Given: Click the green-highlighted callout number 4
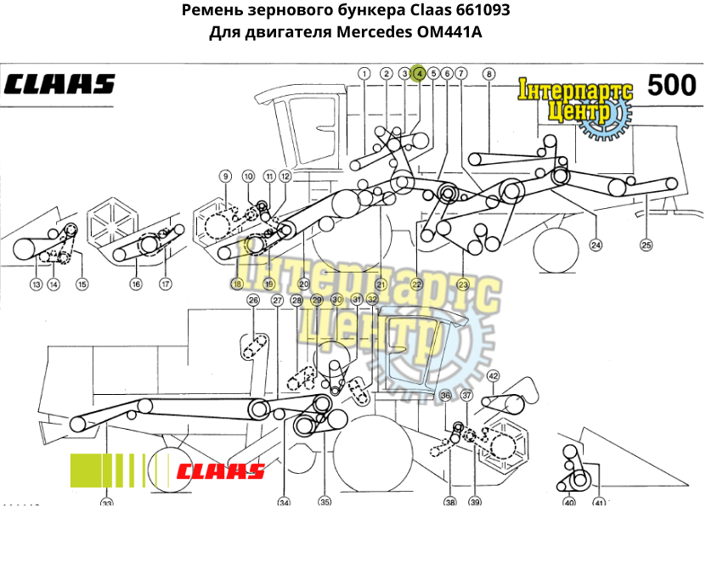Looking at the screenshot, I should (419, 74).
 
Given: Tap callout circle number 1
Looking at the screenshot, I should (364, 74).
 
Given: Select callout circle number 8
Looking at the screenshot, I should (489, 74).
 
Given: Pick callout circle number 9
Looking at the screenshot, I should (225, 176).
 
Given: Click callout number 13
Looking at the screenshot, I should (36, 284).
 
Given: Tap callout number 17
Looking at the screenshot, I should (166, 284).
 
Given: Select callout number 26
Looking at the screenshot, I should (253, 300).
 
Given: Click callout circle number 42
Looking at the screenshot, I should (493, 375).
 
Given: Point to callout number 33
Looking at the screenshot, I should (106, 504).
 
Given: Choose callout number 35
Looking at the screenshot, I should (325, 501).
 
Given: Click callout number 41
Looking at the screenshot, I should (599, 503).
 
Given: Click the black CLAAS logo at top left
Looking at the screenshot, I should (59, 84).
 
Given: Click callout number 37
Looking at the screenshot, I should (466, 396).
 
